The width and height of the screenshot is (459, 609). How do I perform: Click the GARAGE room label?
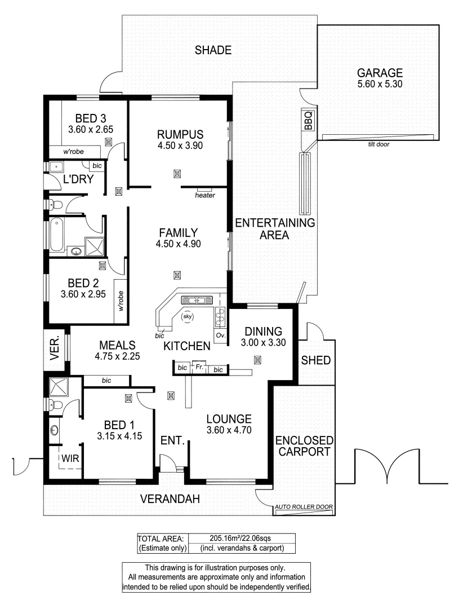(380, 73)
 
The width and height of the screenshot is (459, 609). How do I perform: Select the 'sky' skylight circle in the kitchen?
(188, 317)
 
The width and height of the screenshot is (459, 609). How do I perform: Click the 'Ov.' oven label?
(220, 336)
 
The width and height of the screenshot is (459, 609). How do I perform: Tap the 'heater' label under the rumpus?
(204, 196)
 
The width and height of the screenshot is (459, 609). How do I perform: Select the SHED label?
(315, 360)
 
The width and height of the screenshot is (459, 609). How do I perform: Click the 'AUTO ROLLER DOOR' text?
(304, 507)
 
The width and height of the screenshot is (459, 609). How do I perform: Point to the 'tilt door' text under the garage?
(377, 144)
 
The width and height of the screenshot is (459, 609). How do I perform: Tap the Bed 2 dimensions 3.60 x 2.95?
(83, 294)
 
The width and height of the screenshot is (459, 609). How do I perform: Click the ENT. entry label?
(173, 440)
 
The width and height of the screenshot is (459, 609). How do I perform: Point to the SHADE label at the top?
(213, 50)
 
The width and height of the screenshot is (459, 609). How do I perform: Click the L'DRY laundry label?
(78, 179)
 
